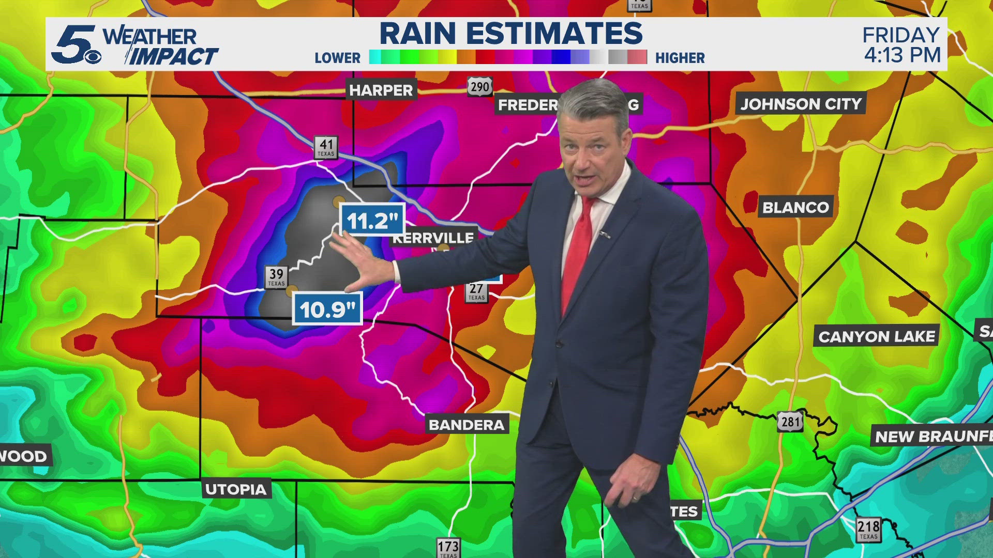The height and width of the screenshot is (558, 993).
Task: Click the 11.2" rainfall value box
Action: (372, 221)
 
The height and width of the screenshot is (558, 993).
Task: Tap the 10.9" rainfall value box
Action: (327, 309)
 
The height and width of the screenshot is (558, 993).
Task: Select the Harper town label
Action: (381, 90)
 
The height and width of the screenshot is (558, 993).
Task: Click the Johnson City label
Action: (801, 104)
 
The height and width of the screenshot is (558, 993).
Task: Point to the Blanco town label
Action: (795, 207)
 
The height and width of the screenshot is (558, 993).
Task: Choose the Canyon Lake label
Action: (877, 337)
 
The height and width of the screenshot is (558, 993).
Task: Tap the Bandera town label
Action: (467, 425)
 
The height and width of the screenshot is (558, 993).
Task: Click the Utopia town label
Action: (236, 489)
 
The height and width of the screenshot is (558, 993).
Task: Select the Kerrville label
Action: (433, 238)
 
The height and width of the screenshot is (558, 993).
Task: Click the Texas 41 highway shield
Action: (326, 147)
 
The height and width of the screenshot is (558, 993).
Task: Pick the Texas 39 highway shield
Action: (276, 276)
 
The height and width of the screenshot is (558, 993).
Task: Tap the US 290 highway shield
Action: (480, 86)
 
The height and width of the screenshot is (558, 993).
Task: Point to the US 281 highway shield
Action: (790, 422)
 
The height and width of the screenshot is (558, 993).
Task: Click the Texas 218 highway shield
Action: (868, 529)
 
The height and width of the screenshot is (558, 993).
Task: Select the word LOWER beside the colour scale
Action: (337, 58)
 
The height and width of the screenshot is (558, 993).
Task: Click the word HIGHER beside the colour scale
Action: (680, 58)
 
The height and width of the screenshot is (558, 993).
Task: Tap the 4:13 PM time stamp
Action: (902, 55)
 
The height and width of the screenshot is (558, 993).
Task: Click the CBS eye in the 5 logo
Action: (93, 57)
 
